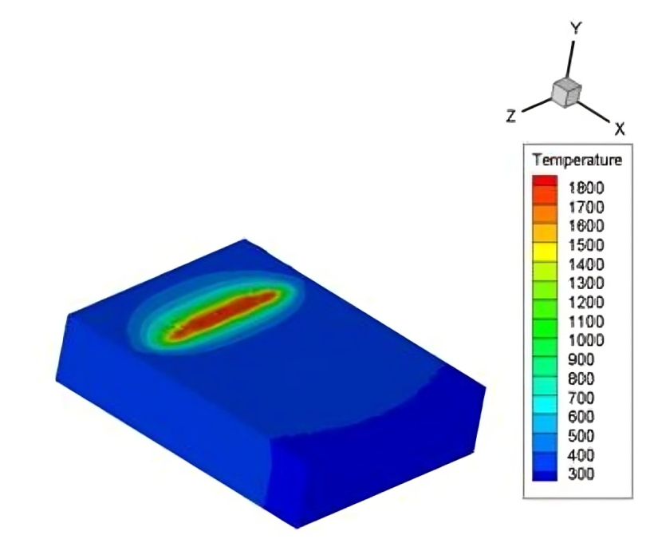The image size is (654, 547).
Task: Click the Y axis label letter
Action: coord(576,29)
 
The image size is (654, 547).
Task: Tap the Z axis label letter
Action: coord(511,116)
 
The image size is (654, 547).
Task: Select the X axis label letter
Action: coord(620,129)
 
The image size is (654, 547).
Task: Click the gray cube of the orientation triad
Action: coord(566,93)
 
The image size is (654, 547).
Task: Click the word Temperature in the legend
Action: coord(577,160)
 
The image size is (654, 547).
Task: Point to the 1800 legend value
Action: coord(586,188)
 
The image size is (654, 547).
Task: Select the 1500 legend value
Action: coord(586,245)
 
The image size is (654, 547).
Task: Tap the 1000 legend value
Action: coord(586,340)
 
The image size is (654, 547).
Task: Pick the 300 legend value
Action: coord(581,474)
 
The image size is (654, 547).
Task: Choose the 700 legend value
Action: coord(581,398)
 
